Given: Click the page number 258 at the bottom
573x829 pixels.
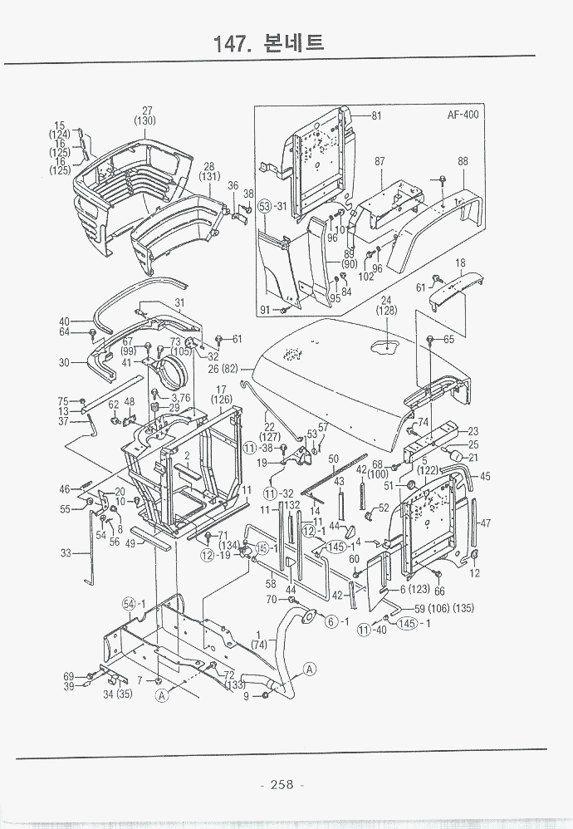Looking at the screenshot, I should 282,785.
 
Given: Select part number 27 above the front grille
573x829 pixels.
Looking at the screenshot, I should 146,111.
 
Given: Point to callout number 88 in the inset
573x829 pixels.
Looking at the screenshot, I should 463,161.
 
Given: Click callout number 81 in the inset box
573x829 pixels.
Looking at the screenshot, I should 375,116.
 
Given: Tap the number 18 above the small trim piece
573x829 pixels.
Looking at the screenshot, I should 459,262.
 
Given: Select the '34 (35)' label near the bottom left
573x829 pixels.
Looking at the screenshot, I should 117,694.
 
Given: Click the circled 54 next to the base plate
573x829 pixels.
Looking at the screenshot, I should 130,604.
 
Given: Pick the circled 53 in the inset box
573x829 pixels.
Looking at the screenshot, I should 265,206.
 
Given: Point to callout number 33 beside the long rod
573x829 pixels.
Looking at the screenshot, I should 66,552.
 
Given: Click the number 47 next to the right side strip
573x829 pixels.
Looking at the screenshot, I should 485,523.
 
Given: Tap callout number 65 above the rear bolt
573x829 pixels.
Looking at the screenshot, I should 448,340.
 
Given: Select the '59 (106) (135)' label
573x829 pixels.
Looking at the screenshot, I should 444,608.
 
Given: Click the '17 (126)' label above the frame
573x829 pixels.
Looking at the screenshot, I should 222,395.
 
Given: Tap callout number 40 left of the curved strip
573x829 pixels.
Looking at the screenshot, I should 64,321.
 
